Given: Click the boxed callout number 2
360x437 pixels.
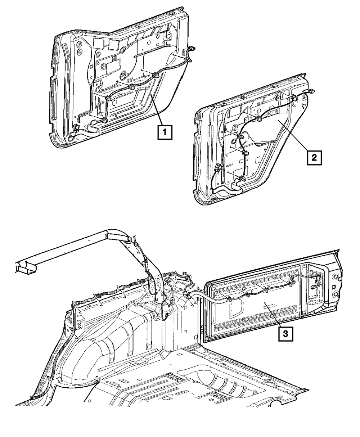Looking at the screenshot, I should pyautogui.click(x=314, y=157).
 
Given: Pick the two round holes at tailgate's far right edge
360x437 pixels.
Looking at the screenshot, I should pyautogui.click(x=336, y=284).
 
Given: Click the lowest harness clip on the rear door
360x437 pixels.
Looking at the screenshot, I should pyautogui.click(x=240, y=178).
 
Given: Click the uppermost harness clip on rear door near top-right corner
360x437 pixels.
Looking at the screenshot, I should pyautogui.click(x=294, y=97).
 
